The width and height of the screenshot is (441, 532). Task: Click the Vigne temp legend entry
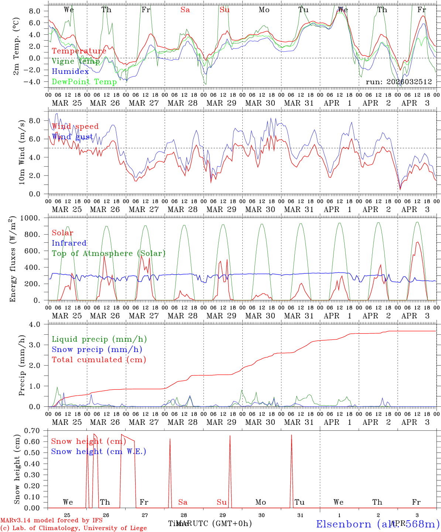point(75,61)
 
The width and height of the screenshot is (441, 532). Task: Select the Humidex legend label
point(70,72)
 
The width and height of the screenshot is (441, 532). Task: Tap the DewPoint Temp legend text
point(84,82)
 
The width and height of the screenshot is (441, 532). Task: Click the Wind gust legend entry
point(72,137)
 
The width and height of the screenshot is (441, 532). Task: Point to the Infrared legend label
point(69,243)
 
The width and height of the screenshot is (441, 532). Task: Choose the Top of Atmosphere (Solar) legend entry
point(109,253)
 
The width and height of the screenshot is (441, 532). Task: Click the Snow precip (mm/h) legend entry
point(97,349)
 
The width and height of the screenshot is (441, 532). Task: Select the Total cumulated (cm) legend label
point(99,360)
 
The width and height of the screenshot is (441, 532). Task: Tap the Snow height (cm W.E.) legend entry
point(99,451)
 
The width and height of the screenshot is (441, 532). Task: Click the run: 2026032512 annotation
point(399,82)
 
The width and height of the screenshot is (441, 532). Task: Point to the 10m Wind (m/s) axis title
point(22,152)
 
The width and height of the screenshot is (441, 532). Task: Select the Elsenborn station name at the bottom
point(343,524)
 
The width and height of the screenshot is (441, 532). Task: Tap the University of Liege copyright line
point(73,528)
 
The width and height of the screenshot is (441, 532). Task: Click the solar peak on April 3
point(417,242)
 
